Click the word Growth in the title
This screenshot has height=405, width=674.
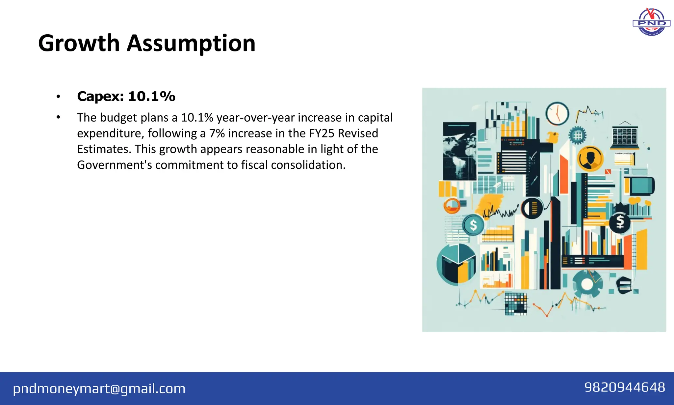pyautogui.click(x=79, y=43)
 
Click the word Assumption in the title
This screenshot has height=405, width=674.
pyautogui.click(x=191, y=43)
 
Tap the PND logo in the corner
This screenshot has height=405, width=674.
pyautogui.click(x=651, y=22)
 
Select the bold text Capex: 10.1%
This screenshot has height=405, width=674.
pyautogui.click(x=126, y=97)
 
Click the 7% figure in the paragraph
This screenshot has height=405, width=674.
pyautogui.click(x=217, y=133)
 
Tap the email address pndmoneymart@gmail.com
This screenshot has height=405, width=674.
pyautogui.click(x=99, y=389)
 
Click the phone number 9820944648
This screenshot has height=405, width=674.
pyautogui.click(x=624, y=387)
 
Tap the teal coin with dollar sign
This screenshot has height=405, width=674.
pyautogui.click(x=473, y=225)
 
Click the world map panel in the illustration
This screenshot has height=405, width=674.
pyautogui.click(x=459, y=152)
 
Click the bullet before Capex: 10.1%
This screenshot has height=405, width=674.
pyautogui.click(x=58, y=97)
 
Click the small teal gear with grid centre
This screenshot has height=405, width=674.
pyautogui.click(x=577, y=135)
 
